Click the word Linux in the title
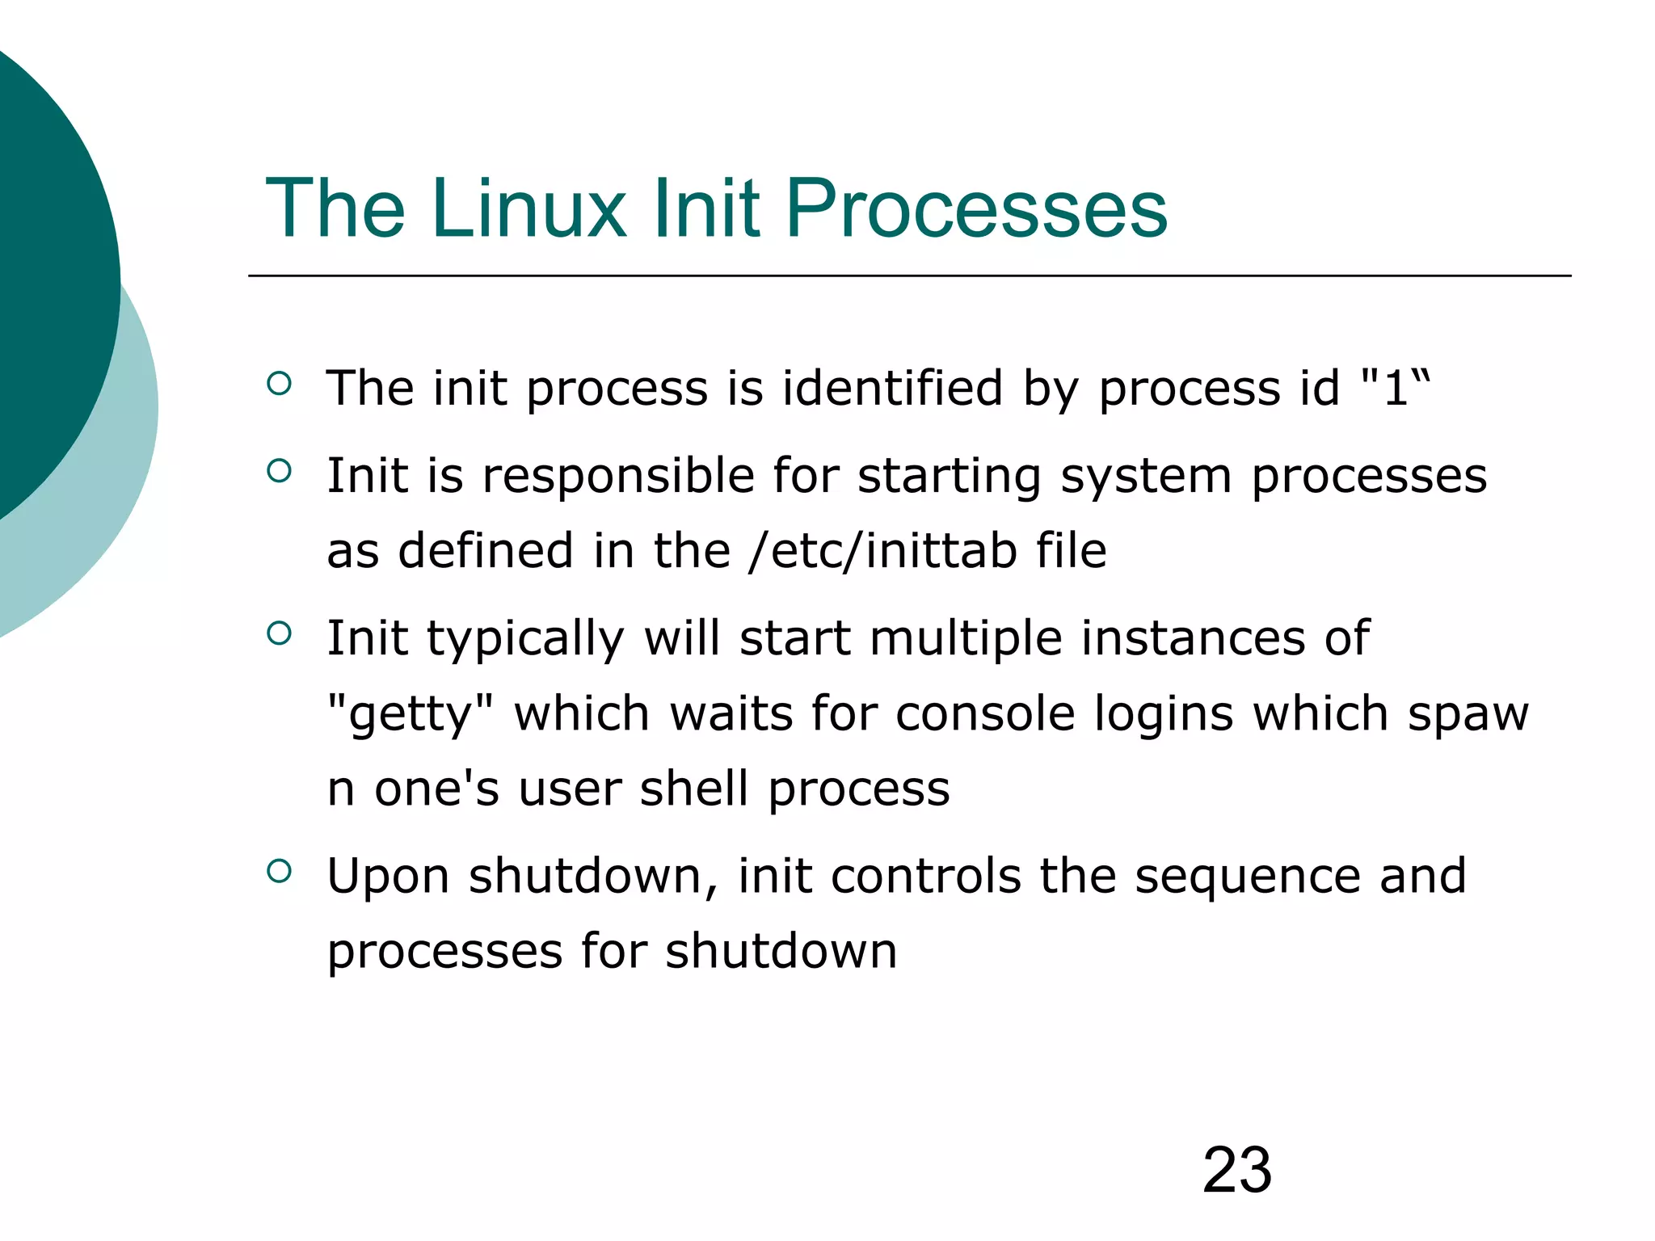coord(529,209)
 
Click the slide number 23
coord(1236,1170)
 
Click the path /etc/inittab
coord(882,551)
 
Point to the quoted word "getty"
coord(410,714)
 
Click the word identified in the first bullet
coord(892,387)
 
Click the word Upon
coord(388,876)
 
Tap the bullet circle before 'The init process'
coord(279,384)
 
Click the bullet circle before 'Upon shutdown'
coord(279,870)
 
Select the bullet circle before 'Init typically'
coord(279,633)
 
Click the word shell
coord(693,789)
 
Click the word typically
coord(525,638)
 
